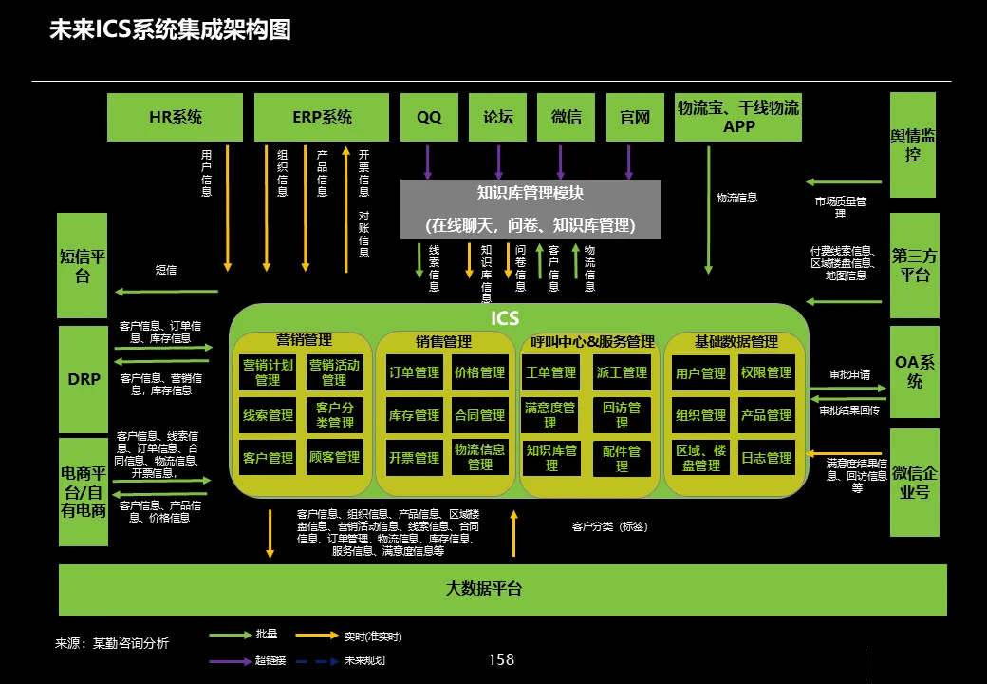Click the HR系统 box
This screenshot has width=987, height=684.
[176, 117]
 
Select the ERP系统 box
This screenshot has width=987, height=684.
[322, 117]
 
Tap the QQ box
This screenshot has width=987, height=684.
[429, 117]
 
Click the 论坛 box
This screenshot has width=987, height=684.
[498, 117]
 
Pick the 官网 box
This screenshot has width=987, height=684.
[635, 117]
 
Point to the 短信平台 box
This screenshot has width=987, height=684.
[83, 266]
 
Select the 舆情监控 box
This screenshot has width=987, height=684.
[913, 144]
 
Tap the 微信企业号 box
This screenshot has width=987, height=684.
[914, 483]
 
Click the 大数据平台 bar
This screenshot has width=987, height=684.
[503, 589]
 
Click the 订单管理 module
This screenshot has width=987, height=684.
[414, 372]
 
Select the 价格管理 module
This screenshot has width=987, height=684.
[479, 372]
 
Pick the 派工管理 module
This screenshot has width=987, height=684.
[622, 372]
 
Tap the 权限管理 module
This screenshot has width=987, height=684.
[766, 372]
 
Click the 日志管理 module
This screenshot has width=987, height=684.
[766, 458]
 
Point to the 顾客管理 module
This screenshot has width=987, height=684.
[334, 458]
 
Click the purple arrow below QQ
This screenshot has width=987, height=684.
[428, 161]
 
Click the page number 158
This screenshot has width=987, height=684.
[500, 659]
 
